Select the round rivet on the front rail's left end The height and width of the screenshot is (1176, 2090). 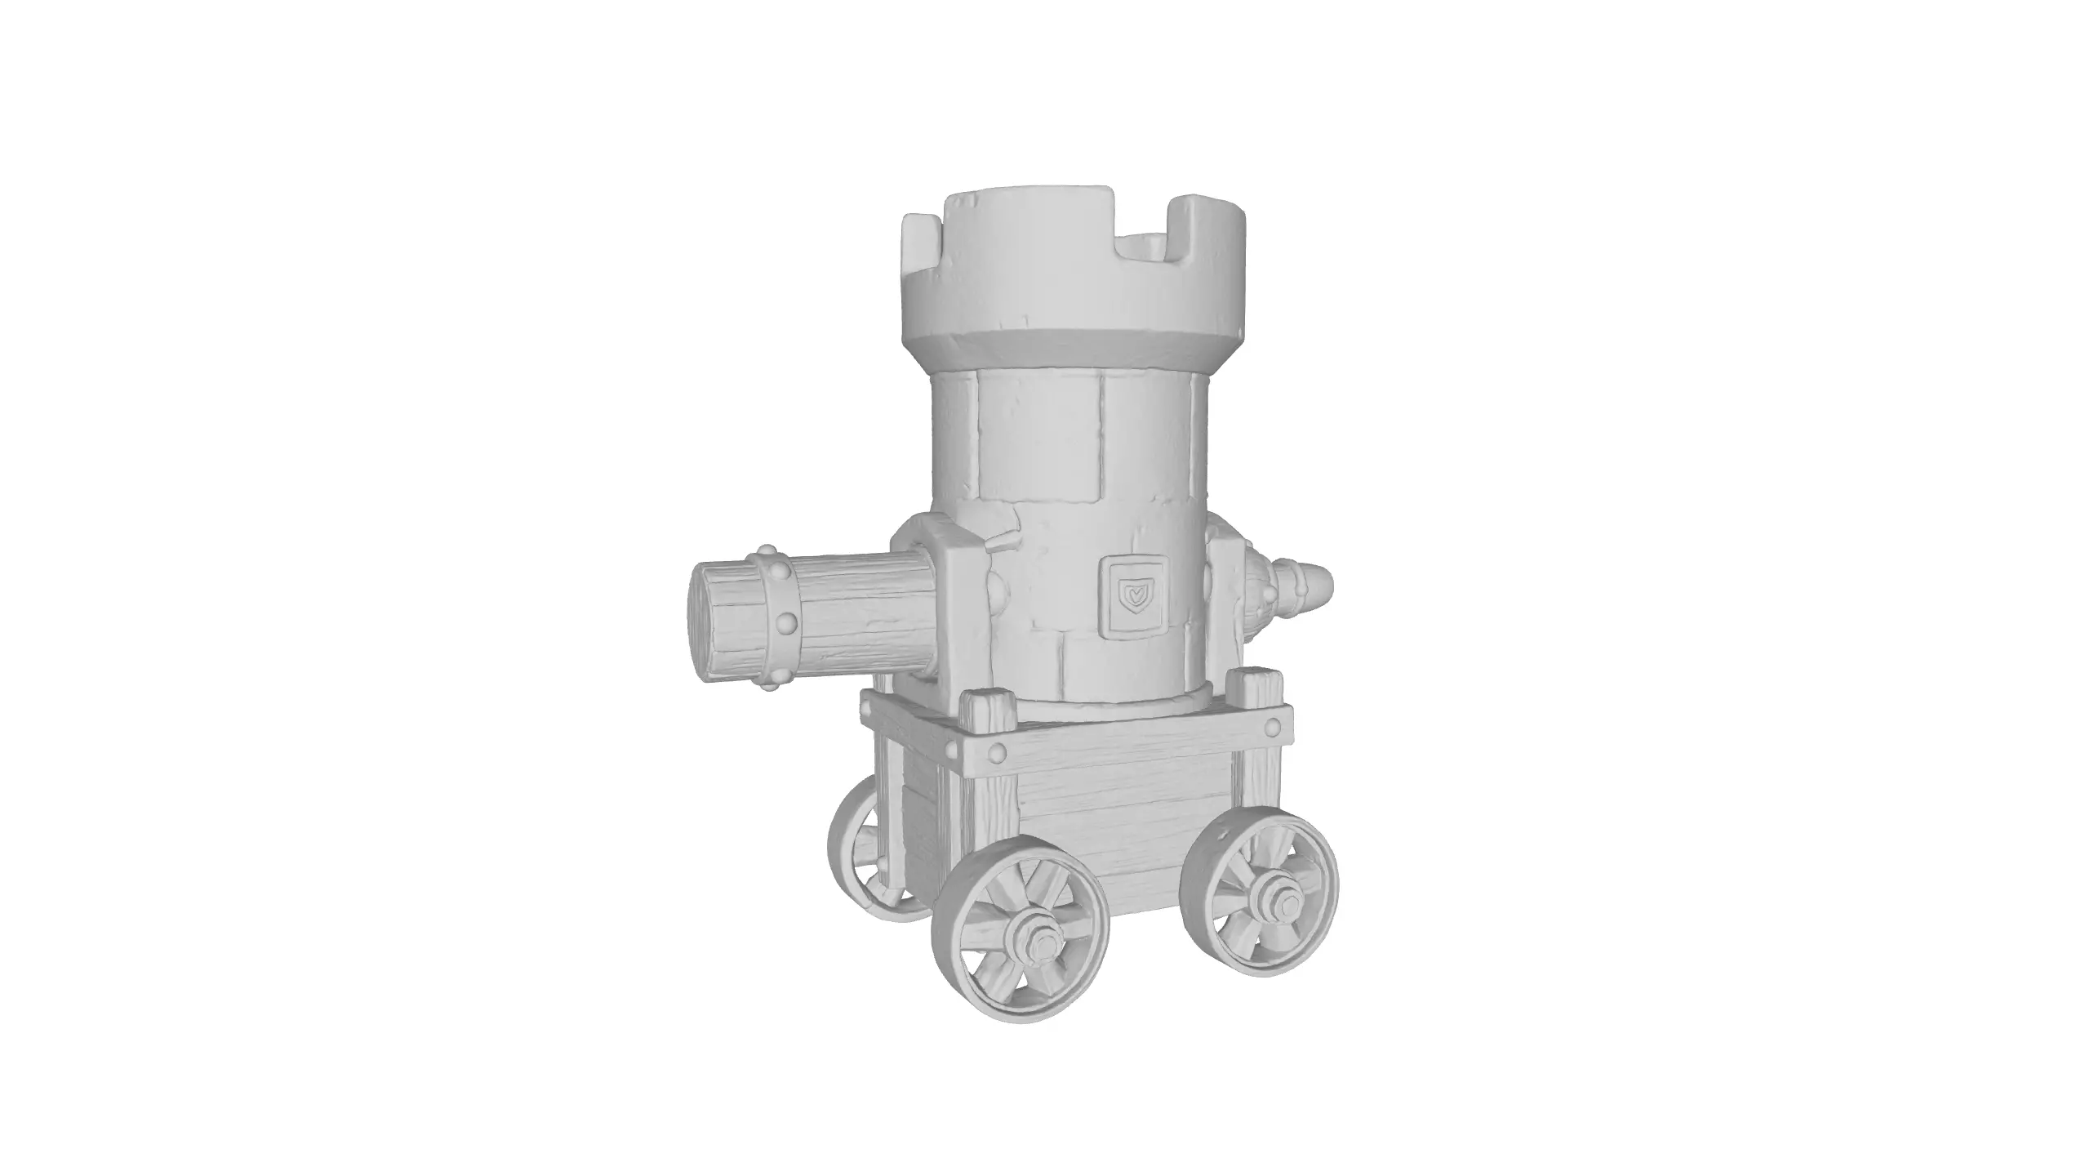point(996,753)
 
